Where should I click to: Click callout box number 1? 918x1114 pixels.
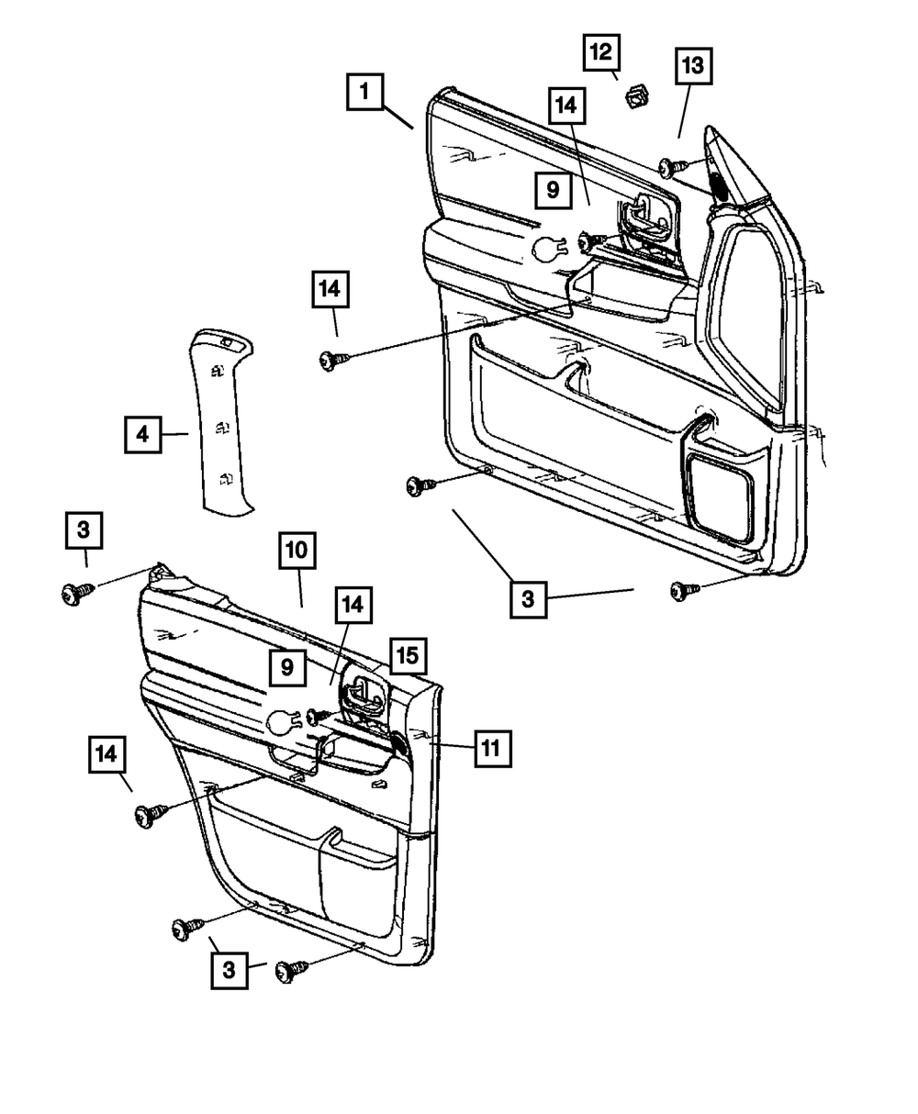[x=365, y=93]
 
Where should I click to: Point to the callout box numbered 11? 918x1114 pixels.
[x=491, y=749]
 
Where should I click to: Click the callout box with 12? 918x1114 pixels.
[x=601, y=52]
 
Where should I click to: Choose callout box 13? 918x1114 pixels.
[x=693, y=67]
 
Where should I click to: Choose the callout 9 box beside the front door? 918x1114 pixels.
[x=553, y=190]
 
